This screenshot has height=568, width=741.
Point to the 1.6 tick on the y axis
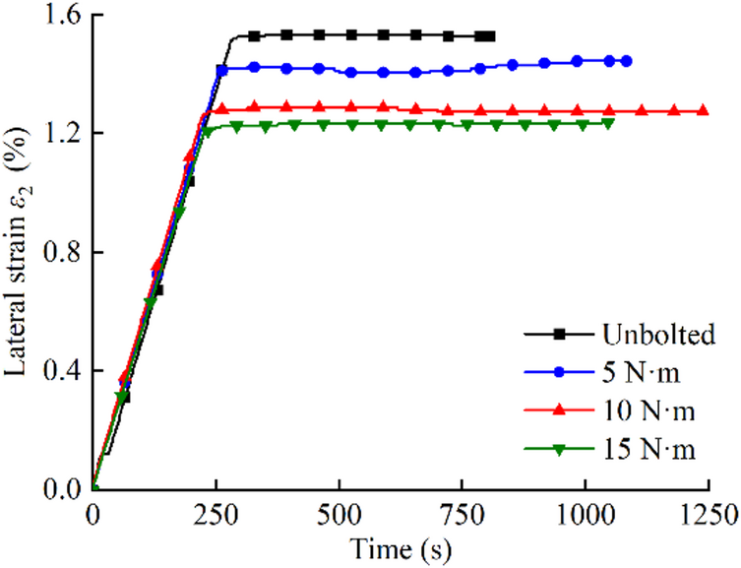point(60,15)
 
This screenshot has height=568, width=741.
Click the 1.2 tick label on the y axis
point(60,133)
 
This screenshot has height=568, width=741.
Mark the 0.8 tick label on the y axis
point(60,252)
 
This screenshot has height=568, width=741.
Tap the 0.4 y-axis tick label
point(60,371)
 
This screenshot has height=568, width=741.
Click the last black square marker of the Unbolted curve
point(490,36)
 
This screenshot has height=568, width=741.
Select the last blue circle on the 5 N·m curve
point(627,61)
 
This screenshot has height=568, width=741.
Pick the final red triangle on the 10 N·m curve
point(703,110)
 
